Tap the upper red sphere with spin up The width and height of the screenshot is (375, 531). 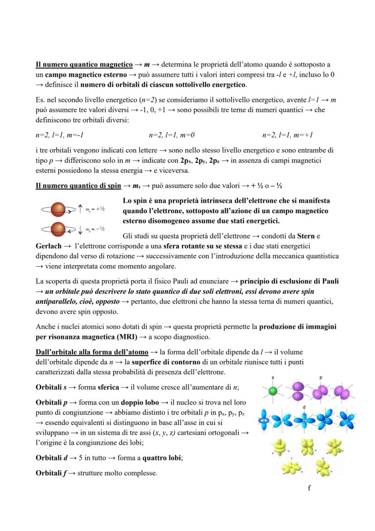click(x=58, y=209)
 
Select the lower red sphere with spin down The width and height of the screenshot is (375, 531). click(x=58, y=229)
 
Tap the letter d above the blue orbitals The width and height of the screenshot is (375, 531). click(x=304, y=407)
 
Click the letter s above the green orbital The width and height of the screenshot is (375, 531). click(x=273, y=377)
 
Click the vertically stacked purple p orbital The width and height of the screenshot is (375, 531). click(x=298, y=391)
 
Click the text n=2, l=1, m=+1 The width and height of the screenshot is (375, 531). click(x=288, y=135)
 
